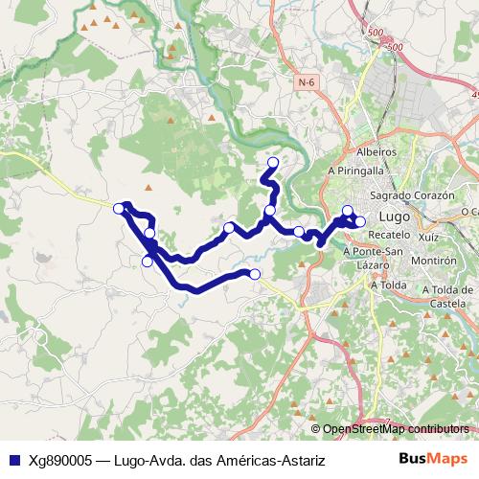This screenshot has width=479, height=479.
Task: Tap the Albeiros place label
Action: [376, 152]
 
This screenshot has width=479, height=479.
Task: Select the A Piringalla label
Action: [354, 171]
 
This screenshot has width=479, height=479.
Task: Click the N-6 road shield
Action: [306, 83]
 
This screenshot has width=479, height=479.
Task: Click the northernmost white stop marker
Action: [273, 162]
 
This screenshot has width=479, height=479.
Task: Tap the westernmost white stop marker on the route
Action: [119, 208]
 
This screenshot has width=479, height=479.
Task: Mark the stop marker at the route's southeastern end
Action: [255, 274]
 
